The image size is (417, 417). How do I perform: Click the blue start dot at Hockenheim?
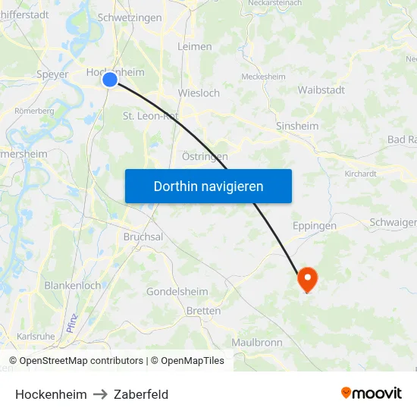[110, 79]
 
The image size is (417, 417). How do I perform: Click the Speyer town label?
[52, 74]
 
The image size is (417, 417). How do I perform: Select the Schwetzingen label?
[130, 17]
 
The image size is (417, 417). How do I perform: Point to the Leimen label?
[194, 46]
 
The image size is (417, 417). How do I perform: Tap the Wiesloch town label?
[199, 93]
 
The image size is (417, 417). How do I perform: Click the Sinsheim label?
[296, 125]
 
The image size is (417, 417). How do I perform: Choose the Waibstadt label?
[321, 89]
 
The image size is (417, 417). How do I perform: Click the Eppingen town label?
[315, 225]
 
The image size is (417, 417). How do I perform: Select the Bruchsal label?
[143, 237]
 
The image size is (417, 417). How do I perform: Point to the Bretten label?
[203, 311]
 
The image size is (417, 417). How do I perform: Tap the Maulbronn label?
[257, 343]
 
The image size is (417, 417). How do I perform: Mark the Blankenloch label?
[73, 286]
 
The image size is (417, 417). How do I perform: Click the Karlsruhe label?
[35, 336]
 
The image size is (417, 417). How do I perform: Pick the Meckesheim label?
[262, 77]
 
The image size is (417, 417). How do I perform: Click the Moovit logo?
[372, 393]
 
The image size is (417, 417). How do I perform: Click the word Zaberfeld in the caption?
[141, 394]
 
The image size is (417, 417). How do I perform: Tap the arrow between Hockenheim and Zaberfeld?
[101, 394]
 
